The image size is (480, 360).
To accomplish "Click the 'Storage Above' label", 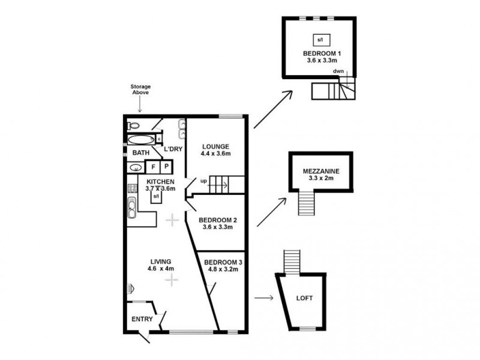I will tap(140, 90).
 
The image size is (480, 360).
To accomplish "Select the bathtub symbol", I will tap(141, 140).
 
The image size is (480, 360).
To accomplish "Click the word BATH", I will tap(142, 153).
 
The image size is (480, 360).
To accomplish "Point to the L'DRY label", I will tap(173, 149).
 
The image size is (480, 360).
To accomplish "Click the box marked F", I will tap(153, 166).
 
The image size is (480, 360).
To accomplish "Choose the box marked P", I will tap(166, 166).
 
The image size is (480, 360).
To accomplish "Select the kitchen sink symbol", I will tap(131, 208).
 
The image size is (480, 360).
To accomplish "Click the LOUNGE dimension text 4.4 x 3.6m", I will tap(216, 154).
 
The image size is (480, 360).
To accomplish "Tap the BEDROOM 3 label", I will tap(223, 262).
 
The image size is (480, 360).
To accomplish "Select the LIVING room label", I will tap(161, 261).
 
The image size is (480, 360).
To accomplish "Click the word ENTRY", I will tap(142, 319).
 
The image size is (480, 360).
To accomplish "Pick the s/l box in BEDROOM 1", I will tap(319, 40).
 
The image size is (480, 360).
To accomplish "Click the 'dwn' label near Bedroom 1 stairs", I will tap(339, 72).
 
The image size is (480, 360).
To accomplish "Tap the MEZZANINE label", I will tap(321, 171).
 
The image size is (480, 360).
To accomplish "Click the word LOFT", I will tap(305, 298).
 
